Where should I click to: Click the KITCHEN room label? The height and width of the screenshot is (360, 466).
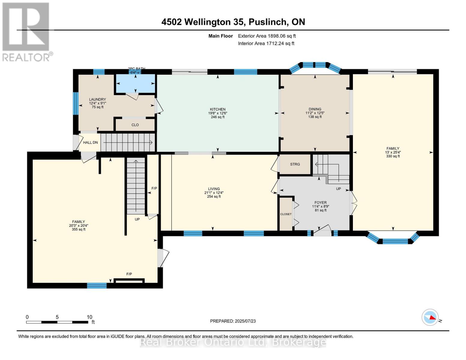[218, 109]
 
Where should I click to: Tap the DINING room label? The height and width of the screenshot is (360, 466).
[315, 109]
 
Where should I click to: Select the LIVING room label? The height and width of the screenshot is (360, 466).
[214, 189]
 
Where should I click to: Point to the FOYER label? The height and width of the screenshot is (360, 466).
[320, 202]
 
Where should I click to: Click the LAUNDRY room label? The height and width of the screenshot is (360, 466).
[97, 99]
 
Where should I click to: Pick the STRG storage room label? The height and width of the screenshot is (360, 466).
[295, 164]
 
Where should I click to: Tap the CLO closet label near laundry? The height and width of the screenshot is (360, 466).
[135, 125]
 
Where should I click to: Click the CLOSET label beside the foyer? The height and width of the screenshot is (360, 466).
[286, 214]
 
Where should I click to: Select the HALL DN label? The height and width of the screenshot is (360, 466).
[90, 142]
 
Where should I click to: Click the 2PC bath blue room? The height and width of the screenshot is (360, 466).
[136, 83]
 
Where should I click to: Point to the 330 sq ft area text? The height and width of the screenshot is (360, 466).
[393, 156]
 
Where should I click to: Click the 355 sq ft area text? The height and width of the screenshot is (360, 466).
[78, 229]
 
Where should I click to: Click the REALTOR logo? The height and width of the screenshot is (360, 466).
[26, 31]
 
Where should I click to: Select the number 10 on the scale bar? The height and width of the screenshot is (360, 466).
[89, 317]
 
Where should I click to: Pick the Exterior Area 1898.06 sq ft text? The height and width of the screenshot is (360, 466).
[267, 36]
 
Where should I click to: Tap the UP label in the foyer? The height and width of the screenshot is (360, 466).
[338, 189]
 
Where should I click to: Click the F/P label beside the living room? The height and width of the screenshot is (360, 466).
[154, 188]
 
